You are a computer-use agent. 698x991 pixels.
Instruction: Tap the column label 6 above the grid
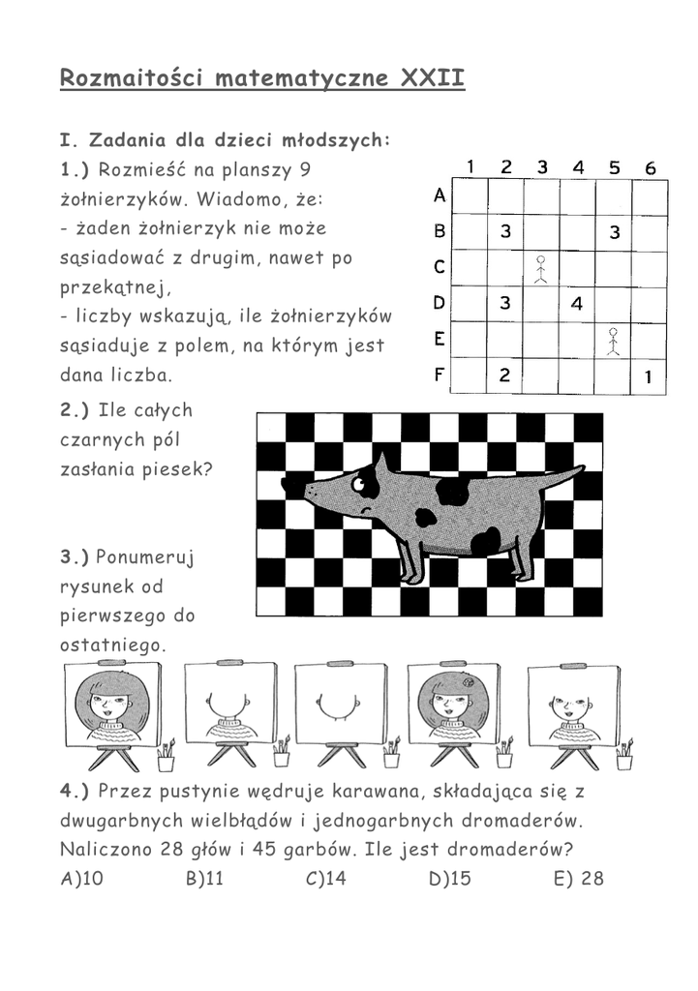coord(651,168)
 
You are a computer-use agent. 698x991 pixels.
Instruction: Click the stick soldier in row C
coord(541,268)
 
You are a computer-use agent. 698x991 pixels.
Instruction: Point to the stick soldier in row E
coord(613,341)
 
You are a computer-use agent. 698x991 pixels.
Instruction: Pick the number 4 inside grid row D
coord(577,304)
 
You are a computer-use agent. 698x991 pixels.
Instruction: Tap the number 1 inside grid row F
coord(649,376)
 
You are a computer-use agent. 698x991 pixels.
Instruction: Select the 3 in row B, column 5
coord(614,232)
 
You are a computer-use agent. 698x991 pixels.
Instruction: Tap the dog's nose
coord(308,492)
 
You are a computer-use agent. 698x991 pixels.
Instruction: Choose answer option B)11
coord(204,879)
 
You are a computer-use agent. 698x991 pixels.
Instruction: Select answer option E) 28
coord(579,879)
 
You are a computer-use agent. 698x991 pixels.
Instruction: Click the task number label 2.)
coord(75,409)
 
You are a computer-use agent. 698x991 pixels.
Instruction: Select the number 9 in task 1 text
coord(304,170)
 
